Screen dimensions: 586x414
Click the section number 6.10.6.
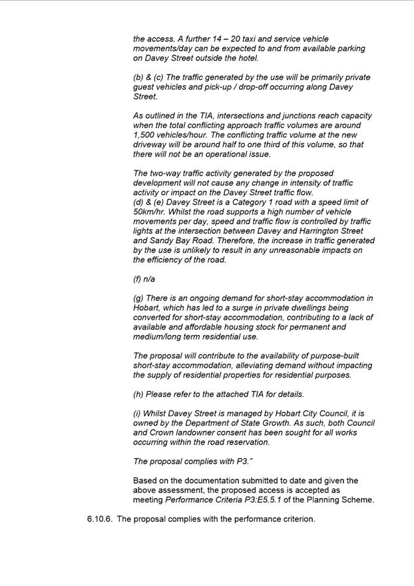(99, 519)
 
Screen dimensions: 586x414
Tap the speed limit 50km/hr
(150, 212)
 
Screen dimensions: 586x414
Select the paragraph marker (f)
(138, 279)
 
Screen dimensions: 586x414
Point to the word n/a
(149, 279)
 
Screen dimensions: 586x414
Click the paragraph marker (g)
(138, 298)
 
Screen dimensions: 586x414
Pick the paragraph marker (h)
(138, 394)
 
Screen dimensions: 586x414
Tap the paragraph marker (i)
(137, 414)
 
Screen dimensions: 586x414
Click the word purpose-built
(308, 356)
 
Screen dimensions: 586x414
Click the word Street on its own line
(146, 97)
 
